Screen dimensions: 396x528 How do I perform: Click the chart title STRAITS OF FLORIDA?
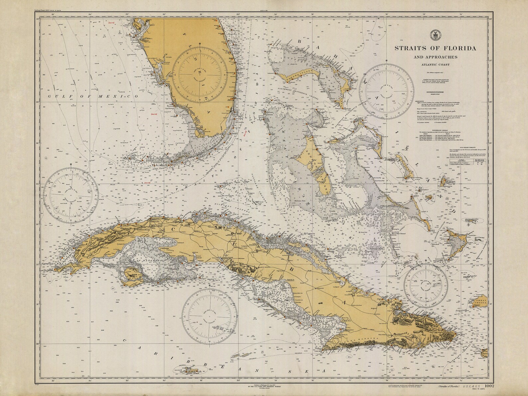435,48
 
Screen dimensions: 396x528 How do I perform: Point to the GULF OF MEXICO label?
93,96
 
